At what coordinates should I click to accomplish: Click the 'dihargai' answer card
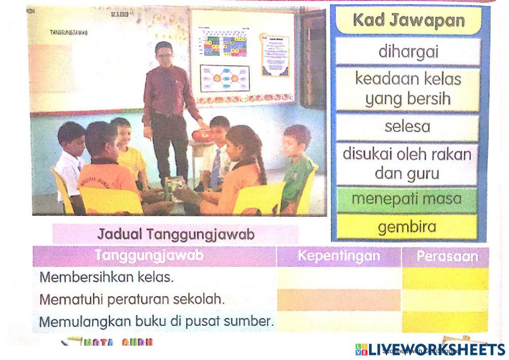click(408, 52)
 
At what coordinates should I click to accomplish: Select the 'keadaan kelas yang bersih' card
click(408, 89)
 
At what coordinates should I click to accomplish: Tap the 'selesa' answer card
click(408, 127)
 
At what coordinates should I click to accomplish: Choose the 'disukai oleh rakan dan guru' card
click(408, 163)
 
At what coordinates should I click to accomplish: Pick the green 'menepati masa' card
click(408, 199)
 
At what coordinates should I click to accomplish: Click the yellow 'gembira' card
click(408, 227)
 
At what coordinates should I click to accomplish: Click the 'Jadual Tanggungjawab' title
click(176, 235)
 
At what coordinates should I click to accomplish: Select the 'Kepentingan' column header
click(338, 256)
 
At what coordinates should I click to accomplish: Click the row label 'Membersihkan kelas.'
click(106, 278)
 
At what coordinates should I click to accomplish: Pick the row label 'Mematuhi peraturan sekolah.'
click(132, 299)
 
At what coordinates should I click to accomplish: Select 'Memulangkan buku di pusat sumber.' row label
click(157, 322)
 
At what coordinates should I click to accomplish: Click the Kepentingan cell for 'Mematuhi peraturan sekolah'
click(338, 300)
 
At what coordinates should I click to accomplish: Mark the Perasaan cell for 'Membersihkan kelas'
click(445, 278)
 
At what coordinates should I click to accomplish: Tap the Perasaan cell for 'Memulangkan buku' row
click(445, 322)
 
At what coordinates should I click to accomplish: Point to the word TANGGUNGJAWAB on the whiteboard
click(69, 33)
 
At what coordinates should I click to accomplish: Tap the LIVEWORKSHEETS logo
click(431, 349)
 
